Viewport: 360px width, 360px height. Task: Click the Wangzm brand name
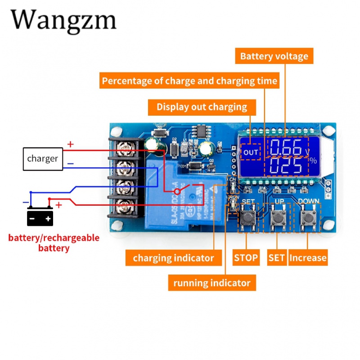[63, 20]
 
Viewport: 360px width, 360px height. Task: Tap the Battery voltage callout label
[274, 56]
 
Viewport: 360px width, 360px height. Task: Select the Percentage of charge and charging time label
[189, 81]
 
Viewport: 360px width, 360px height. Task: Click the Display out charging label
[202, 107]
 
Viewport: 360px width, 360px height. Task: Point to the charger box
[43, 159]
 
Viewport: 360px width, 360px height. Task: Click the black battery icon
[40, 217]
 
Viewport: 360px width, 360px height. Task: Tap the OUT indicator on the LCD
[250, 152]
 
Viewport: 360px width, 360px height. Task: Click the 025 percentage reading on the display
[286, 166]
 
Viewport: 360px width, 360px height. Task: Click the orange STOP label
[246, 258]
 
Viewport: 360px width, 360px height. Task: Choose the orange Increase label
[308, 258]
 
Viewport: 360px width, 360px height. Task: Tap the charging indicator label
[173, 258]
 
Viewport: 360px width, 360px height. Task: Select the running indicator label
[211, 283]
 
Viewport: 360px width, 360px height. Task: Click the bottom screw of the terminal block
[124, 207]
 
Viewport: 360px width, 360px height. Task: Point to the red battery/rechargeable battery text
[54, 243]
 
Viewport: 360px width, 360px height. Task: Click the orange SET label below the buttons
[277, 258]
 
